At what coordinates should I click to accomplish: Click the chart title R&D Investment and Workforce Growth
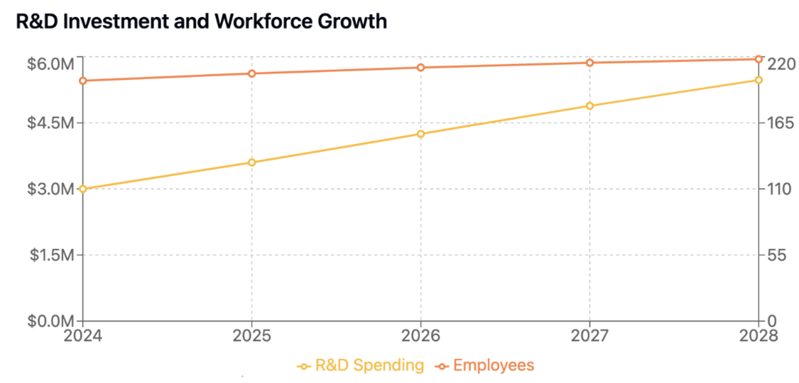click(x=202, y=21)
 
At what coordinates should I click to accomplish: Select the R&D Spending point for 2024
click(x=83, y=189)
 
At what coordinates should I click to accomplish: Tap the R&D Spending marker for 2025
click(x=251, y=162)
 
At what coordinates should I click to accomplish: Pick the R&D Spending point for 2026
click(x=420, y=134)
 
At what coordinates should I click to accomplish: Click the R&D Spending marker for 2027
click(x=589, y=106)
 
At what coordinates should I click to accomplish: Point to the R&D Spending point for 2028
click(x=759, y=79)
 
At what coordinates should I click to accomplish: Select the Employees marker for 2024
click(x=83, y=81)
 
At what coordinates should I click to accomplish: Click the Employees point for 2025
click(x=251, y=74)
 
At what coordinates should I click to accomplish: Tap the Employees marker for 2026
click(x=420, y=67)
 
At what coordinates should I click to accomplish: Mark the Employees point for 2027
click(x=589, y=63)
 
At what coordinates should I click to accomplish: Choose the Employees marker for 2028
click(x=759, y=59)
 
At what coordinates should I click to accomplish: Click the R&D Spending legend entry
click(x=361, y=366)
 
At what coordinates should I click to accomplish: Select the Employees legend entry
click(x=485, y=366)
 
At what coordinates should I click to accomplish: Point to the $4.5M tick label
click(x=51, y=123)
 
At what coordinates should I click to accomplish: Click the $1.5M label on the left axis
click(x=51, y=255)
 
